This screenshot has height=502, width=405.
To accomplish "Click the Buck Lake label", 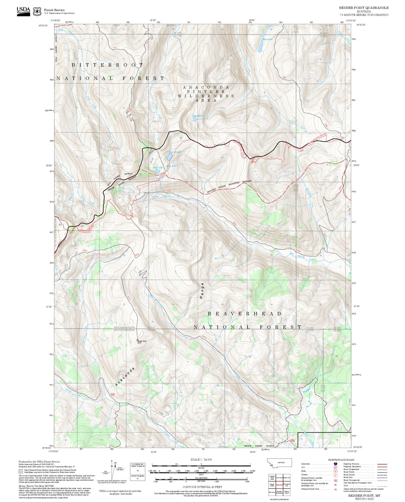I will [267, 39].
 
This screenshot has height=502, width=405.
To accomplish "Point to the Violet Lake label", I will [158, 168].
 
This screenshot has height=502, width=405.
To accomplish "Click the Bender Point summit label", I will [142, 342].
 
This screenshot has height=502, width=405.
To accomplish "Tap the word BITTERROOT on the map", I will [107, 65].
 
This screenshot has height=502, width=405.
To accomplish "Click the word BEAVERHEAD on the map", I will [244, 314].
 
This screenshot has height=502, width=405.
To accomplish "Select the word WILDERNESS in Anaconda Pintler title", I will [206, 96].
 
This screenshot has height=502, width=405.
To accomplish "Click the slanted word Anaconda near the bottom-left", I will [125, 377].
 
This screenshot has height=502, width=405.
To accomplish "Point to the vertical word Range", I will [202, 291].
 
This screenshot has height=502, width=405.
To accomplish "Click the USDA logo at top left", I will [23, 11].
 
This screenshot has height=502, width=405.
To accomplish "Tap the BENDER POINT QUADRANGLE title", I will [364, 8].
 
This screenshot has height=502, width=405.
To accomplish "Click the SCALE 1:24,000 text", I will [201, 459].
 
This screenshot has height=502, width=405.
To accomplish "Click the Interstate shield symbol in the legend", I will [335, 464].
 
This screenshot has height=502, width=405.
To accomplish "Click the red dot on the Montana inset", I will [272, 466].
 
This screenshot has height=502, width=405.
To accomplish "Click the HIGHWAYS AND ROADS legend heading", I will [341, 460].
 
